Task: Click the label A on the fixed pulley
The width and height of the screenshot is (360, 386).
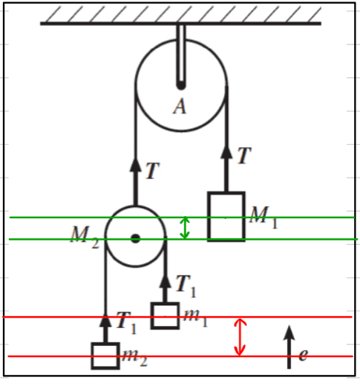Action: tap(180, 106)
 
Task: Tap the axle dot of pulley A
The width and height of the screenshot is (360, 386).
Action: tap(181, 85)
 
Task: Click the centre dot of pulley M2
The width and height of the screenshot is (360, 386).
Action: tap(135, 238)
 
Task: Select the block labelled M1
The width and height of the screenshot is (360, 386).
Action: tap(226, 216)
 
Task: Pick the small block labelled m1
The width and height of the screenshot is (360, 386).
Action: tap(165, 315)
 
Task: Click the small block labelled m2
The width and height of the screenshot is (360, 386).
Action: tap(105, 356)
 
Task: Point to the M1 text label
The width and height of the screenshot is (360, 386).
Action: tap(264, 217)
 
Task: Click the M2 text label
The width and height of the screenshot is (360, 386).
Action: tap(85, 237)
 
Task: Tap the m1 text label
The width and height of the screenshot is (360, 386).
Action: tap(195, 318)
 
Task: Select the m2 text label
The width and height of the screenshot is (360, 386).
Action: tap(135, 358)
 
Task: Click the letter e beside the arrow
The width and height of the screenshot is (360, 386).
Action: tap(304, 355)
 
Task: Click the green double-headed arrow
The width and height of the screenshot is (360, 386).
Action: tap(185, 228)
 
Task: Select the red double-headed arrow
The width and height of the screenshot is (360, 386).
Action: tap(240, 337)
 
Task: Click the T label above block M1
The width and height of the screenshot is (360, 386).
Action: tap(244, 155)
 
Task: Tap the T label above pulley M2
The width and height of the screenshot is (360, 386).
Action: tap(153, 171)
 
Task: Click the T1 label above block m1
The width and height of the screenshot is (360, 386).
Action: tap(186, 286)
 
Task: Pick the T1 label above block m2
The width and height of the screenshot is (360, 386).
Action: tap(126, 322)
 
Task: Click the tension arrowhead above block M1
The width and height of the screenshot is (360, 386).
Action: tap(226, 152)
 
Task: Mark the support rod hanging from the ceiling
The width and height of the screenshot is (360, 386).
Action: tap(181, 55)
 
